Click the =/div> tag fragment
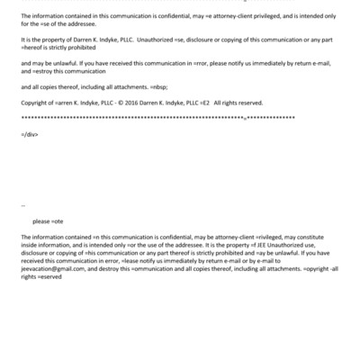pyautogui.click(x=29, y=132)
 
